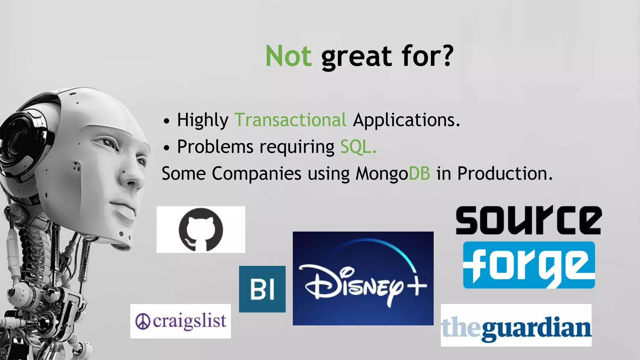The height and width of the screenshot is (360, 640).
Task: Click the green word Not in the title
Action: (288, 56)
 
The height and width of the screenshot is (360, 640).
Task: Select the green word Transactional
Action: (290, 120)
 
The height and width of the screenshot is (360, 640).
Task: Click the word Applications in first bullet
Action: (406, 120)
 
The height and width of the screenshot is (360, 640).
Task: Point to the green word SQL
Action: (358, 147)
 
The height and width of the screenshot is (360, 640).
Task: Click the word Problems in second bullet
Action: (215, 147)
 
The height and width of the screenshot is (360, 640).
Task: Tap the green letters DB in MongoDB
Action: (419, 173)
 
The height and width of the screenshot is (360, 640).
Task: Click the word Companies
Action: (256, 173)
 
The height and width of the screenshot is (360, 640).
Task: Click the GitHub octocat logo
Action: (201, 230)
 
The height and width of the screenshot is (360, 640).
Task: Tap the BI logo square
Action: (262, 289)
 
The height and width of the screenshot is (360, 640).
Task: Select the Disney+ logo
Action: (363, 278)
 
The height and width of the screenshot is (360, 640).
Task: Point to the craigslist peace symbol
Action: (143, 322)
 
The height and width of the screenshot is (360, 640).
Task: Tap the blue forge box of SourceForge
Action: (529, 265)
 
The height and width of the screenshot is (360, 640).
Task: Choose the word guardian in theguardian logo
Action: (536, 328)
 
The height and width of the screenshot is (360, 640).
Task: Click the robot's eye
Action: (108, 144)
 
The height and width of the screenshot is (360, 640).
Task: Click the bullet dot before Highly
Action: (167, 121)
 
